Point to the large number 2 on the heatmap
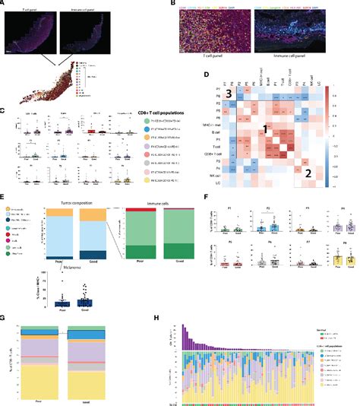point(309,172)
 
